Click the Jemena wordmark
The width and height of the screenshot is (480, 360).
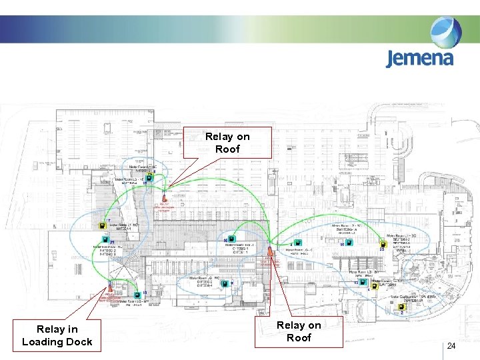click(x=419, y=58)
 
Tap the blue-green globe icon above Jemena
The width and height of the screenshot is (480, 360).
click(x=445, y=32)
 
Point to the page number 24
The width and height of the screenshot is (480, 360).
click(x=451, y=346)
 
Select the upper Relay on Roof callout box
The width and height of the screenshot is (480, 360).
click(x=227, y=143)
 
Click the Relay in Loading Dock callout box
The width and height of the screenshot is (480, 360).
click(x=57, y=335)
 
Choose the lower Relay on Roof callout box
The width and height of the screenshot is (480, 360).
click(x=299, y=331)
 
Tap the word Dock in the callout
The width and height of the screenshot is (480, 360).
click(x=79, y=342)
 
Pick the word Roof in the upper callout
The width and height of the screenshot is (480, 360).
click(x=227, y=149)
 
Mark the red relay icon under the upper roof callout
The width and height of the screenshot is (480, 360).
click(x=164, y=195)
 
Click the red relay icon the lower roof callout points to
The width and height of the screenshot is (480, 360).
click(x=270, y=251)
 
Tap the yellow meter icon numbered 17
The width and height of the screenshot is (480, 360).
click(x=103, y=225)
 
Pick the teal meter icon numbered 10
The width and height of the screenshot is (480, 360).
click(x=137, y=293)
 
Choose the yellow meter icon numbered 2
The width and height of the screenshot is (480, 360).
click(x=402, y=307)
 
